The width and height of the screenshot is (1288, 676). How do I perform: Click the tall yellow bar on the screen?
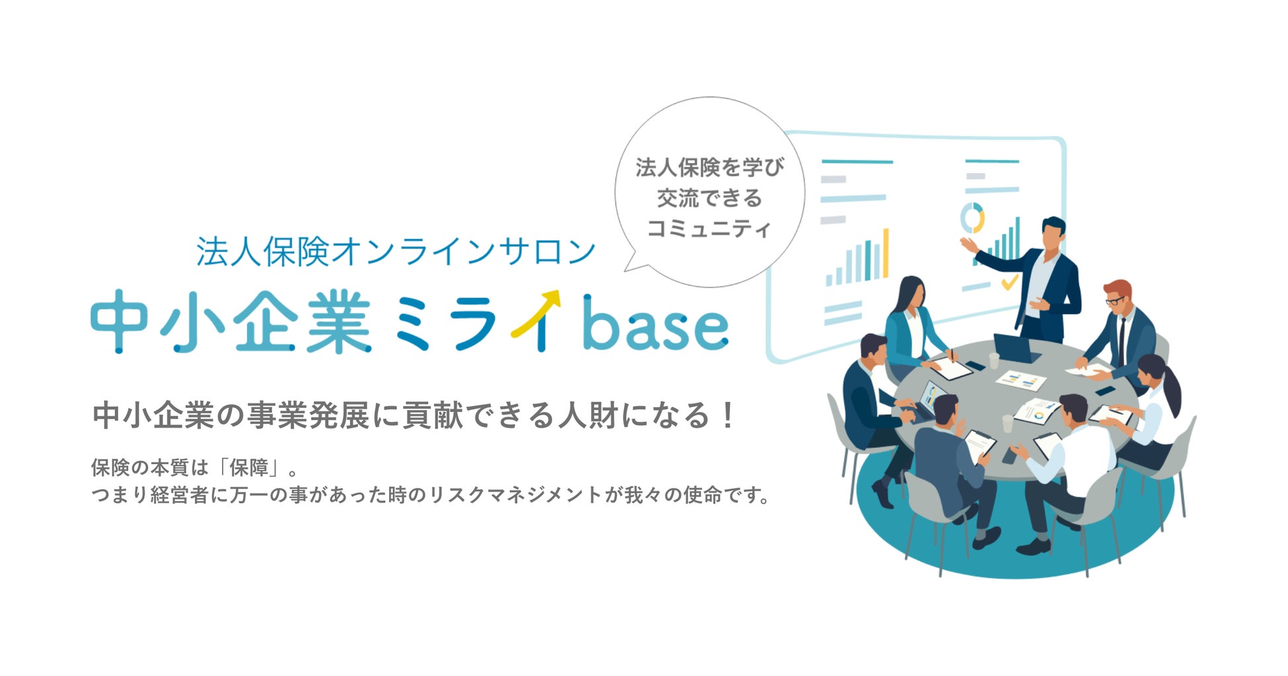click(885, 253)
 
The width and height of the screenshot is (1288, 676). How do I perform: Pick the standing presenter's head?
click(1052, 232)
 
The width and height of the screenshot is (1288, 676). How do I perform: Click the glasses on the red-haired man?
click(1115, 300)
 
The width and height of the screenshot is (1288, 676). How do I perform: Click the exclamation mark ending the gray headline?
click(727, 416)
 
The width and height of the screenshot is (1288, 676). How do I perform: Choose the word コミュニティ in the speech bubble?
click(709, 229)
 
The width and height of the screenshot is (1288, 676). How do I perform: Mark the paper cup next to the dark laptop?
click(993, 360)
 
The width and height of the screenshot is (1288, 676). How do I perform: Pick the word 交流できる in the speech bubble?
click(709, 198)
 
